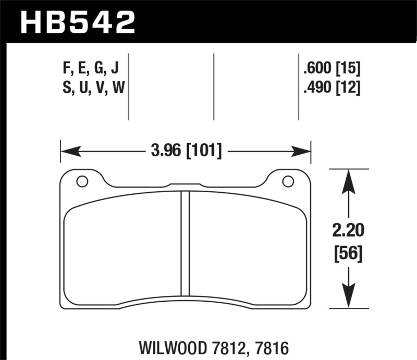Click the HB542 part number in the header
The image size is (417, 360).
click(77, 22)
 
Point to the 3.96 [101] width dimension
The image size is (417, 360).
click(186, 152)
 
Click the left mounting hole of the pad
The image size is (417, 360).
click(82, 181)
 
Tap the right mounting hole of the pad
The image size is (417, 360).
click(287, 181)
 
